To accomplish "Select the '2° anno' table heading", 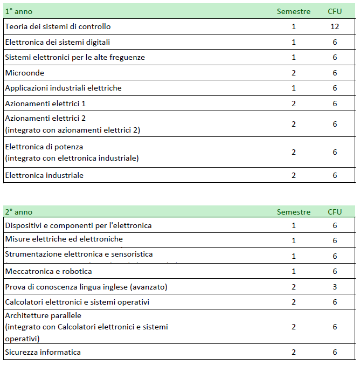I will click(x=19, y=212).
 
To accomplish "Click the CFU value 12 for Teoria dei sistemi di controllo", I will click(x=334, y=26).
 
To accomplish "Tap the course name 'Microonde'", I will click(x=25, y=73).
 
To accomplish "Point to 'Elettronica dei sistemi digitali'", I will click(x=58, y=42).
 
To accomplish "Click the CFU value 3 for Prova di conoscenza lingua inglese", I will click(x=335, y=287).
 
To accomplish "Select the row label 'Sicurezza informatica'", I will click(x=43, y=352).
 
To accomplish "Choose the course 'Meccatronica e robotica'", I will click(x=49, y=271).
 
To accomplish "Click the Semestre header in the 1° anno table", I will click(x=294, y=11).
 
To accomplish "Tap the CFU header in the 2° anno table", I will click(x=335, y=212).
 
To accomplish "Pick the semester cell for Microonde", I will click(x=294, y=73).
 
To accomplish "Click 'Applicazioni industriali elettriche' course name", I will click(x=64, y=88).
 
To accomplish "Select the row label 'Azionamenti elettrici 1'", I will click(x=45, y=104).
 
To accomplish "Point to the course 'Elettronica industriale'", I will click(x=44, y=175).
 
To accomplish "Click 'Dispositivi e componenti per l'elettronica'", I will click(x=79, y=225).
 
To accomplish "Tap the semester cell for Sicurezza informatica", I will click(x=294, y=352).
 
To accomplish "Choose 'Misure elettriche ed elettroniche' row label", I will click(x=64, y=239).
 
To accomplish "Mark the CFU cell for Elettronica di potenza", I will click(x=335, y=152).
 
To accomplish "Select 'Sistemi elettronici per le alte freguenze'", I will click(x=75, y=57).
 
